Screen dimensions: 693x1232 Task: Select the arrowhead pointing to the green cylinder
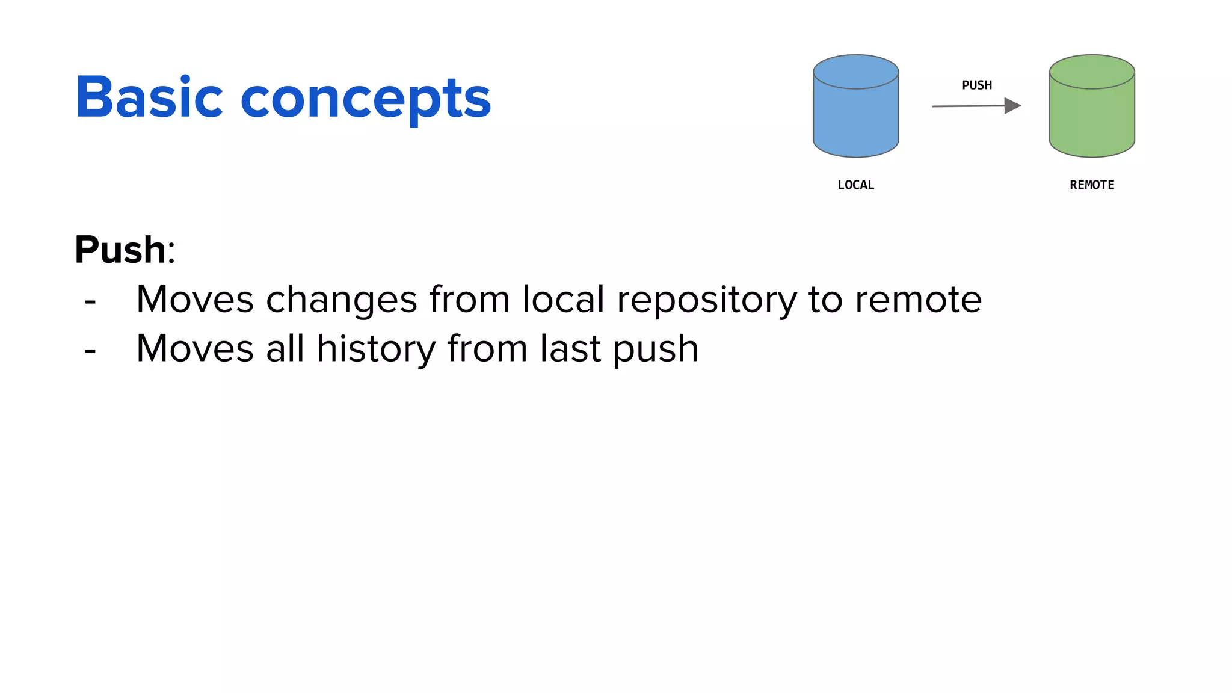pyautogui.click(x=1012, y=106)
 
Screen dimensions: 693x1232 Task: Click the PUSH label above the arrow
pyautogui.click(x=976, y=85)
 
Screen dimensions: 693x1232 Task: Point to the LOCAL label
pyautogui.click(x=855, y=185)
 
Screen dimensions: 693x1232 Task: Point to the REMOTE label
pyautogui.click(x=1091, y=185)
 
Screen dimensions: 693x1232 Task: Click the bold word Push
pyautogui.click(x=120, y=250)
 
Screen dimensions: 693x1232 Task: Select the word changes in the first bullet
pyautogui.click(x=341, y=299)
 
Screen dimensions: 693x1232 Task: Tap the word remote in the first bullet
pyautogui.click(x=918, y=299)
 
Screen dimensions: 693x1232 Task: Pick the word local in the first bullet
pyautogui.click(x=563, y=299)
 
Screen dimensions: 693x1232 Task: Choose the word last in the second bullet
pyautogui.click(x=570, y=349)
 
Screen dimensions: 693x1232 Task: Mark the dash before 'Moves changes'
pyautogui.click(x=90, y=300)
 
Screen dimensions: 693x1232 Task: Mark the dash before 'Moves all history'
pyautogui.click(x=90, y=350)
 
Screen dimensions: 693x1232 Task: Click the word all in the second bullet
pyautogui.click(x=285, y=348)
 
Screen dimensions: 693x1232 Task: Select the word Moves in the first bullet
pyautogui.click(x=195, y=299)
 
